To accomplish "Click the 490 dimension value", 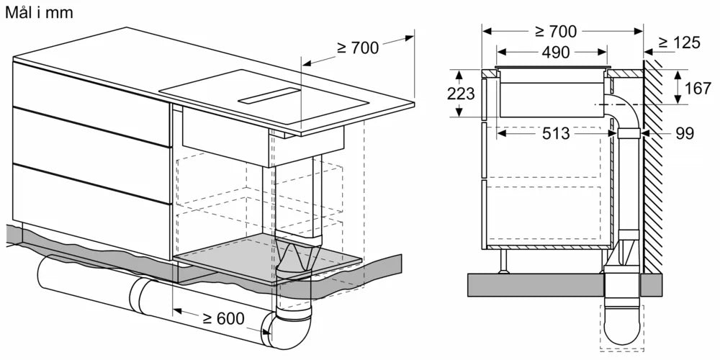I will pos(552,53).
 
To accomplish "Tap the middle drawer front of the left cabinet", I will pos(90,137).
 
